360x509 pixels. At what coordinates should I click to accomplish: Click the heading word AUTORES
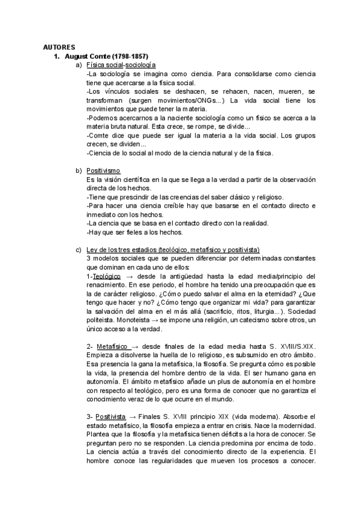pyautogui.click(x=59, y=46)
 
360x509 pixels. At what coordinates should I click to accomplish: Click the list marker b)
pyautogui.click(x=79, y=171)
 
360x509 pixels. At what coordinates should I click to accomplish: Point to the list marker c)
pyautogui.click(x=79, y=250)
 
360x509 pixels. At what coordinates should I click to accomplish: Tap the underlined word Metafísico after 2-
pyautogui.click(x=111, y=347)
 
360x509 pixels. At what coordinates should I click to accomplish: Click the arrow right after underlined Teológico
pyautogui.click(x=128, y=276)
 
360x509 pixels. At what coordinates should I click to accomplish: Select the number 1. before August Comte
pyautogui.click(x=58, y=56)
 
